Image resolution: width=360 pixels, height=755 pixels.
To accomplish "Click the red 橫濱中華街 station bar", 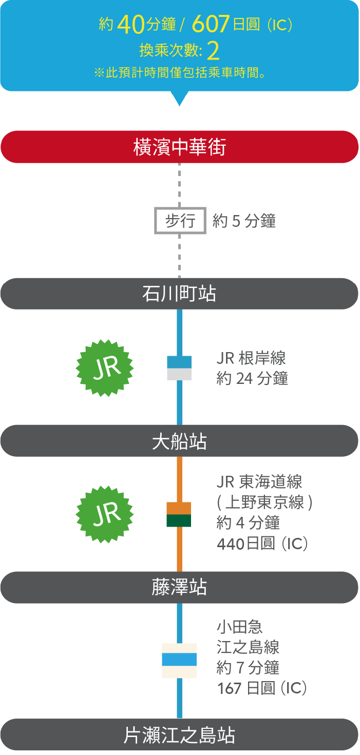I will [179, 147].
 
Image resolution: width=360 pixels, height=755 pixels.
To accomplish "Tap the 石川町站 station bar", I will [179, 294].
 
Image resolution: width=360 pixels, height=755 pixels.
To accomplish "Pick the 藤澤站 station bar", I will [179, 588].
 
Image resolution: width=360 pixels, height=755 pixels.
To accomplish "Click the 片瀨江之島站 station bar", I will [179, 735].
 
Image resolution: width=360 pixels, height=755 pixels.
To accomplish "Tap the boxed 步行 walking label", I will [180, 221].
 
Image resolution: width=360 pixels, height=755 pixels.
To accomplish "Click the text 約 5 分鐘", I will [244, 221].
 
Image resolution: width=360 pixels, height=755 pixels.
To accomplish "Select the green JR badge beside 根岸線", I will [105, 367].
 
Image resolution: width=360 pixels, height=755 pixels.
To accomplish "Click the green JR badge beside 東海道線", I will [105, 514].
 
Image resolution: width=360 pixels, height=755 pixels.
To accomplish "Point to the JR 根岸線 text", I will [251, 358].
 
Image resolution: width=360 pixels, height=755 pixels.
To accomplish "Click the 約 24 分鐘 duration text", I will [252, 379].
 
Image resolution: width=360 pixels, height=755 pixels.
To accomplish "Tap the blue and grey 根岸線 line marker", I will [179, 368].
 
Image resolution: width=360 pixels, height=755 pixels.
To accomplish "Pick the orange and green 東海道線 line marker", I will [179, 514].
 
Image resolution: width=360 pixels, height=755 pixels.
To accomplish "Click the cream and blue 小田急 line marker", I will [179, 661].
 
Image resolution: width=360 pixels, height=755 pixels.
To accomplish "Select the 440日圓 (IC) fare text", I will [262, 544].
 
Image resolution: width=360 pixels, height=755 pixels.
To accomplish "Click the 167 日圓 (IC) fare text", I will [262, 688].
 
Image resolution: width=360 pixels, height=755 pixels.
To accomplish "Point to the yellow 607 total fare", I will [210, 24].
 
